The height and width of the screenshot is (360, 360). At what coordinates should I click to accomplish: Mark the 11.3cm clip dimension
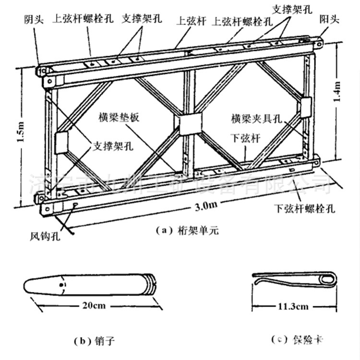click(x=294, y=306)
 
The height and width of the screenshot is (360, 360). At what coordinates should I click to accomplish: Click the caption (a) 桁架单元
click(x=188, y=230)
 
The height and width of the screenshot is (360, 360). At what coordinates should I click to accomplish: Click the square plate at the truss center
click(x=189, y=125)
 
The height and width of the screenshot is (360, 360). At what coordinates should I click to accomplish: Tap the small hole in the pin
click(x=61, y=285)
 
